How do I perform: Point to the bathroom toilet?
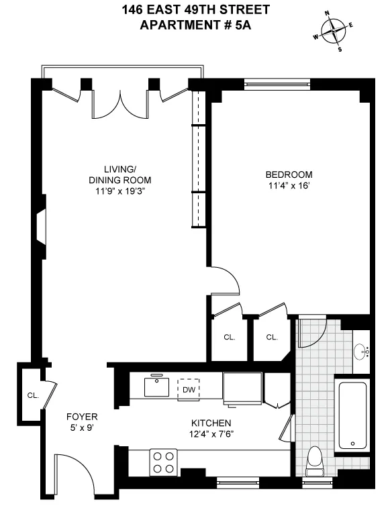[x=313, y=462]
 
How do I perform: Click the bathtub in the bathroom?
[x=352, y=415]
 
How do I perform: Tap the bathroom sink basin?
[x=361, y=350]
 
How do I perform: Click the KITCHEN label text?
[x=211, y=423]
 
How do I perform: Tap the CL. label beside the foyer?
[x=32, y=395]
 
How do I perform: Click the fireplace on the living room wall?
[x=41, y=227]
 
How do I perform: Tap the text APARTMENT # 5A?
[x=195, y=25]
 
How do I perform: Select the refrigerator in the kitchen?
[x=242, y=390]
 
